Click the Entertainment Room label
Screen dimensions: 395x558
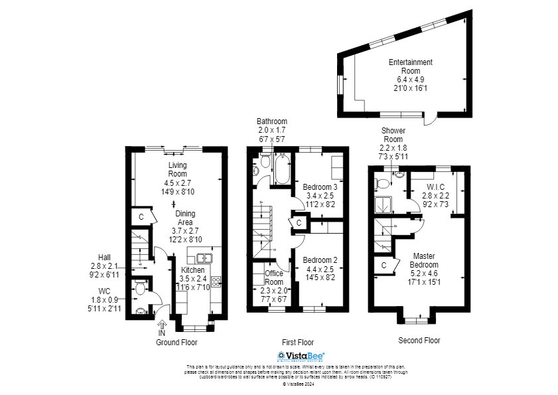pos(410,66)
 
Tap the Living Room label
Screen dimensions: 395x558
pos(177,169)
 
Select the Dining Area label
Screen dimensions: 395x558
pos(185,218)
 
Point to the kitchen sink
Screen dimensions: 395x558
pos(203,258)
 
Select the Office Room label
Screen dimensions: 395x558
pos(274,277)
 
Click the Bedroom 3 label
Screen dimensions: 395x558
pos(320,187)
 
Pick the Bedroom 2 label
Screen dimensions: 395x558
pos(322,260)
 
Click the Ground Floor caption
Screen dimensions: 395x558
pos(176,343)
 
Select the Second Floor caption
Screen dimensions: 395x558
pos(419,341)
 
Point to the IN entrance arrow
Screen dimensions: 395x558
pos(162,324)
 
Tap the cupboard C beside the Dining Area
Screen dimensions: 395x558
pos(141,216)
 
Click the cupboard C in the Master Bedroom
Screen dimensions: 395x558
pos(384,266)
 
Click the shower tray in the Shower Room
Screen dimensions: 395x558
pos(383,204)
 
